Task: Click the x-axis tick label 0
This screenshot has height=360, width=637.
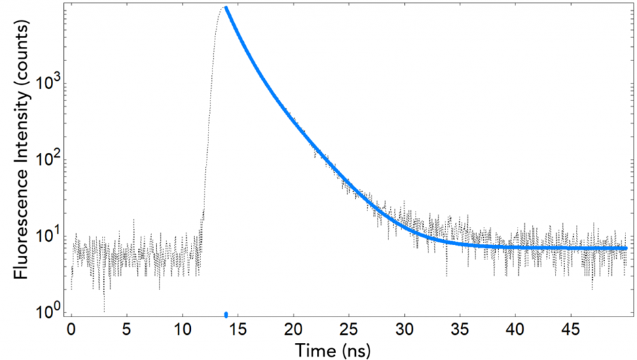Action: tap(71, 329)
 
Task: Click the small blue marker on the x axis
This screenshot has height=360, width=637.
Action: tap(226, 314)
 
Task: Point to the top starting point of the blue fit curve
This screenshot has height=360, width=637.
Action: tap(226, 8)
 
